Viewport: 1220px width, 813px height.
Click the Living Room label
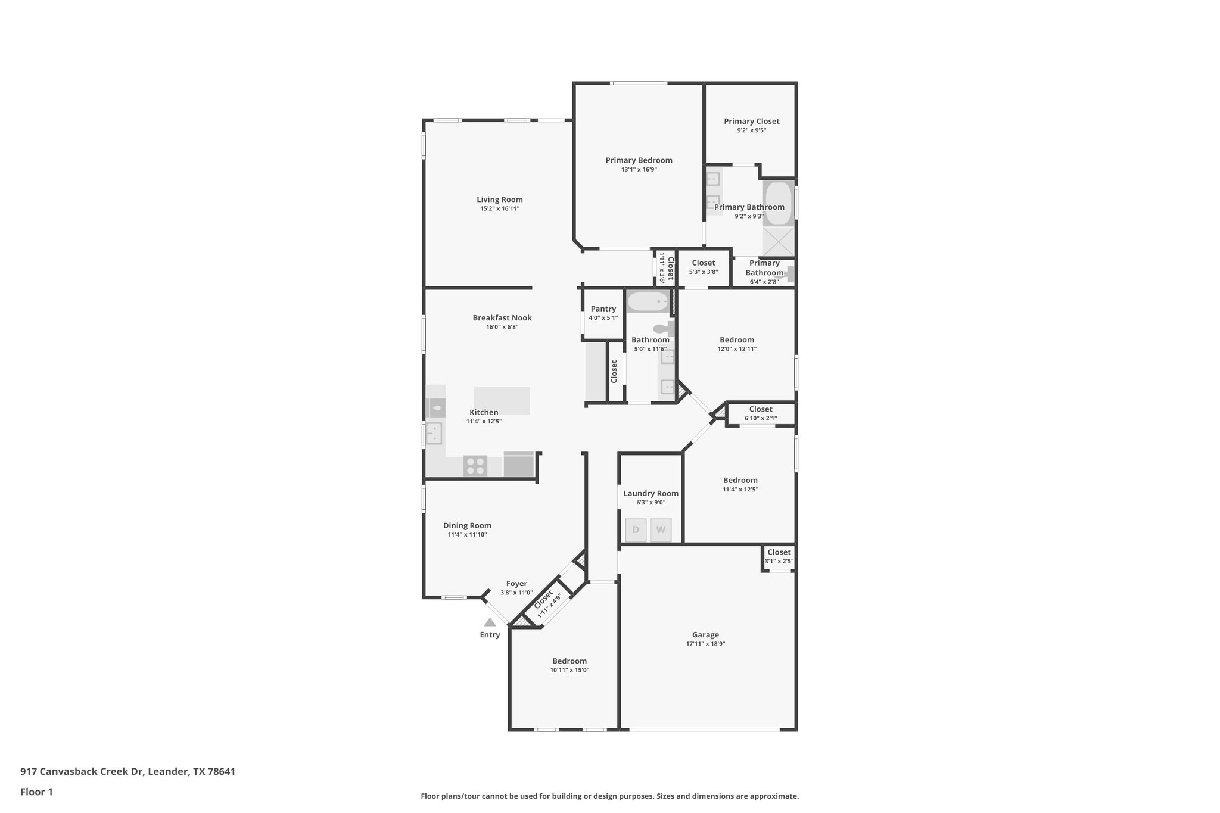(x=499, y=200)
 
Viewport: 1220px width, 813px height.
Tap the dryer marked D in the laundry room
(x=636, y=530)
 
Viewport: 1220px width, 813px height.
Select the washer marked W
(x=661, y=530)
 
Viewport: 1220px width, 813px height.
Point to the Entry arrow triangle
(x=490, y=622)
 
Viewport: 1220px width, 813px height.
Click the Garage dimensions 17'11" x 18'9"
(x=705, y=644)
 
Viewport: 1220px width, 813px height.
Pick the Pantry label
(x=603, y=309)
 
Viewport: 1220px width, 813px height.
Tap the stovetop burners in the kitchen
(x=475, y=466)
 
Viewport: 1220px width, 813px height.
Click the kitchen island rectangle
(x=502, y=400)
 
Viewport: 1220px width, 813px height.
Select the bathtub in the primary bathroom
(x=778, y=203)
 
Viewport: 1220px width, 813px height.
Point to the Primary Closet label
(x=751, y=121)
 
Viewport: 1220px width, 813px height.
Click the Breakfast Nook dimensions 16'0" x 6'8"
(x=502, y=327)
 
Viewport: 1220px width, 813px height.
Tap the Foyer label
(x=516, y=584)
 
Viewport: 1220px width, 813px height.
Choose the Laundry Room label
(x=651, y=493)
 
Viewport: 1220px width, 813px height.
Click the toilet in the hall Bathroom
(x=663, y=329)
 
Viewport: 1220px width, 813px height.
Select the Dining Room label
(x=467, y=525)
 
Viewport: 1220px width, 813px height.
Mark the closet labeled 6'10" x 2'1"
(x=761, y=413)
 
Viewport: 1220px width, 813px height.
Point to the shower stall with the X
(x=779, y=241)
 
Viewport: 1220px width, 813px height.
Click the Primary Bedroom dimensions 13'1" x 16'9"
(x=639, y=169)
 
